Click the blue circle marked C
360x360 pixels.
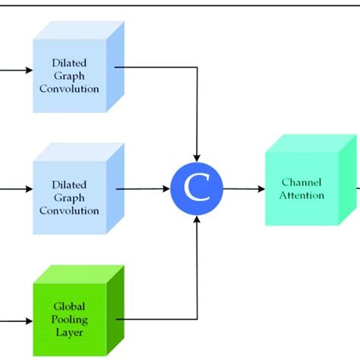click(x=196, y=190)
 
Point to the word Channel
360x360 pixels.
click(x=302, y=182)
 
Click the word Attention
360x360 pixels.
click(x=302, y=195)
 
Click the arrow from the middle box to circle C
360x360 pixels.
click(x=144, y=190)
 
